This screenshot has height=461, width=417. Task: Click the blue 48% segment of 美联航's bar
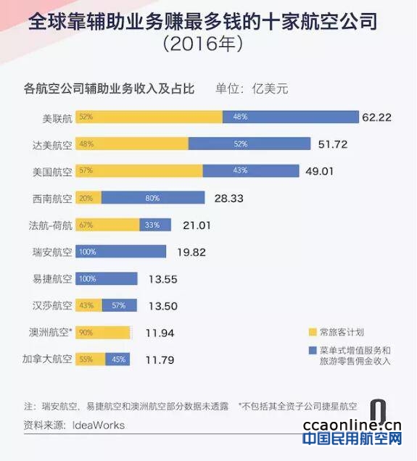click(x=291, y=117)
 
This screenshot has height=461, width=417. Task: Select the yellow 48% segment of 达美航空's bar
click(x=132, y=144)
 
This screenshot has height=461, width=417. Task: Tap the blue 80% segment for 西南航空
click(x=153, y=198)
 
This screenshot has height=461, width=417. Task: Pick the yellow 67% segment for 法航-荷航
click(x=107, y=225)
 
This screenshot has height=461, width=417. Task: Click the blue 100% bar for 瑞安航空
click(x=120, y=252)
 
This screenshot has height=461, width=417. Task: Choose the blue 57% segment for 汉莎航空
click(x=120, y=305)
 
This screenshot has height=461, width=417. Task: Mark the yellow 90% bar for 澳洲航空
click(x=103, y=332)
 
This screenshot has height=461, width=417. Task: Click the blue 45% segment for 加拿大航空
click(x=117, y=359)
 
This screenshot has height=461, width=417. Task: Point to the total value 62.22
click(x=376, y=117)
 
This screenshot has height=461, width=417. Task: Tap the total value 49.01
click(x=319, y=171)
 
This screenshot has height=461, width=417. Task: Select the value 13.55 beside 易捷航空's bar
click(x=163, y=279)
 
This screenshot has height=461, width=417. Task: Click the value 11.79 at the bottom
click(x=160, y=360)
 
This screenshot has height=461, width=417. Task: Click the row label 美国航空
click(x=52, y=172)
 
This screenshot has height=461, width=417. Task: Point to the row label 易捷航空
click(x=52, y=279)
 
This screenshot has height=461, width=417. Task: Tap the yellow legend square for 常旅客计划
click(x=313, y=332)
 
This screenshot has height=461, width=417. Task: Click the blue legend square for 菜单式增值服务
click(x=313, y=350)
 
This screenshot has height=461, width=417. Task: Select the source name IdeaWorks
click(x=99, y=425)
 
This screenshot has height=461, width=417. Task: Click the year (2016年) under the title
click(x=203, y=43)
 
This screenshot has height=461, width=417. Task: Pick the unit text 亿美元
click(x=270, y=88)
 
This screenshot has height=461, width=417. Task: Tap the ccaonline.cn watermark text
click(x=352, y=425)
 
